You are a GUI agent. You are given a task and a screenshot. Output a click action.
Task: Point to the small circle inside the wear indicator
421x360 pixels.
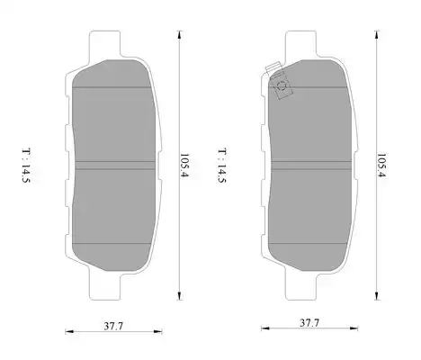(282, 87)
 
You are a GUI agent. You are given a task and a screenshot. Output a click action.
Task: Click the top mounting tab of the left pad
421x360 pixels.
(105, 44)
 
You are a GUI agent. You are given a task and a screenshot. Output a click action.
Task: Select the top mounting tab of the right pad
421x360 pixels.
(300, 44)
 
